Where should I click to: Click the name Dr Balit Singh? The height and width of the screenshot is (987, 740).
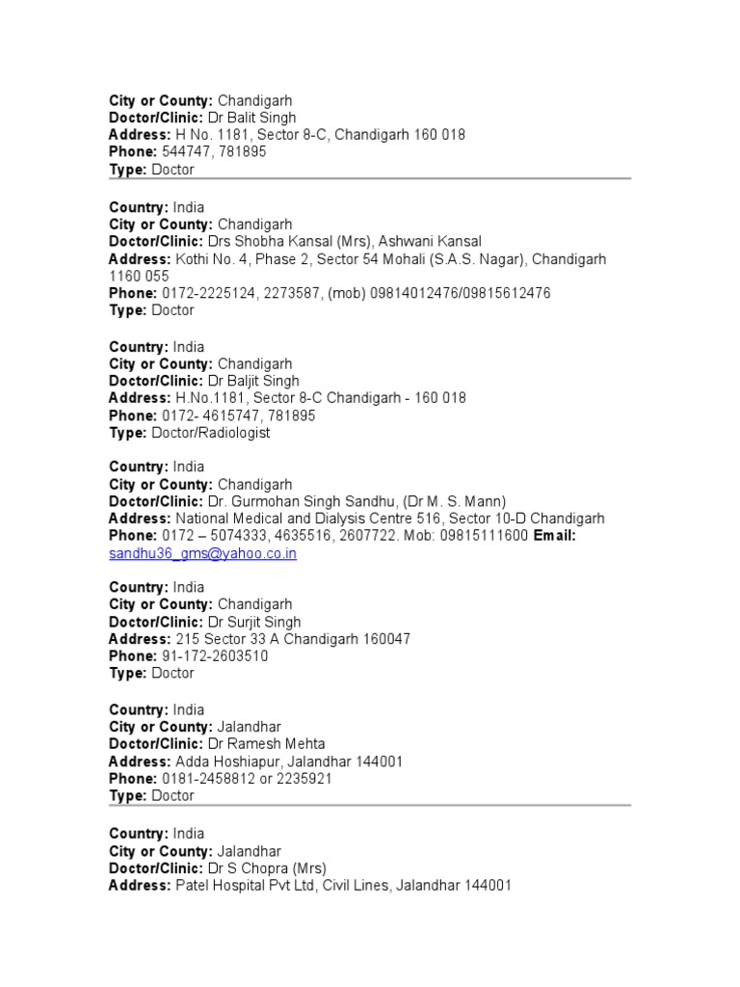252,118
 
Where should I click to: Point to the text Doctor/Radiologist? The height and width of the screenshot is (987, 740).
211,433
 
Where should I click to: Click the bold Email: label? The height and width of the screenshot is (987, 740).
554,536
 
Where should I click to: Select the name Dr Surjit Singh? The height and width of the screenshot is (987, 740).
254,622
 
